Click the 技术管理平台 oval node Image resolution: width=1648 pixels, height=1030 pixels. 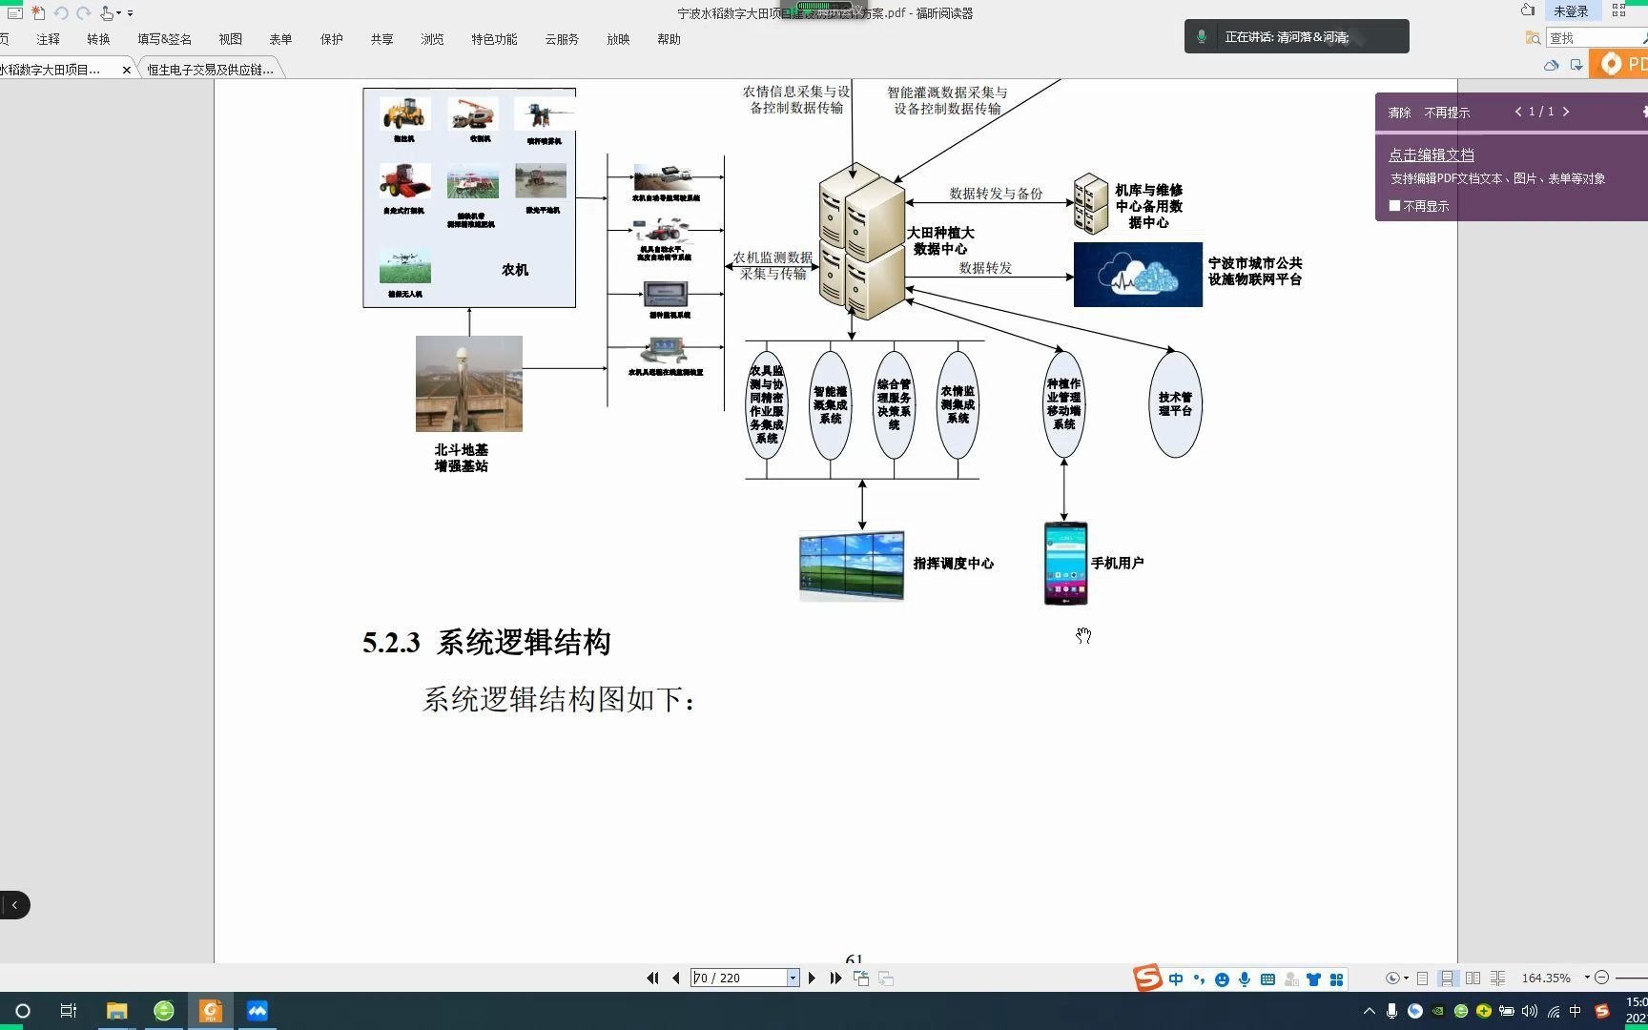click(1175, 404)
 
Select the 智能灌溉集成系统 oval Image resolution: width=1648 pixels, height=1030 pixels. click(830, 404)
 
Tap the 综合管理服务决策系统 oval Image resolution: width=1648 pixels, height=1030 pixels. click(894, 404)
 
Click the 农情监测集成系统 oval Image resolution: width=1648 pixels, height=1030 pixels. click(958, 404)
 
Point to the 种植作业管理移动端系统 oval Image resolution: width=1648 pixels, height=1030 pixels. click(1063, 404)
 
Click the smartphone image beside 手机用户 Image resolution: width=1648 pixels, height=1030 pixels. click(1065, 563)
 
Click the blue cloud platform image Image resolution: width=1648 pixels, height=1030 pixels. click(1138, 275)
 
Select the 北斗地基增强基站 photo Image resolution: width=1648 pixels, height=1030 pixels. click(468, 383)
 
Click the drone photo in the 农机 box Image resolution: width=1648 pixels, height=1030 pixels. click(405, 267)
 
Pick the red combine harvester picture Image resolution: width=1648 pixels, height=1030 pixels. click(404, 181)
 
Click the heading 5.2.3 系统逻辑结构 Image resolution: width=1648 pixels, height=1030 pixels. click(486, 643)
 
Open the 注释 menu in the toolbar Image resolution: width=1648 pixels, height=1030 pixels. click(48, 39)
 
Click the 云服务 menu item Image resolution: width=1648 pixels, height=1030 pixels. click(562, 39)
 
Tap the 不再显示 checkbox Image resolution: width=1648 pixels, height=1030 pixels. click(1395, 206)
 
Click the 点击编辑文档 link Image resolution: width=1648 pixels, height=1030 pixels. click(1431, 154)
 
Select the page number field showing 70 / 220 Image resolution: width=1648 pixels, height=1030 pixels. click(739, 978)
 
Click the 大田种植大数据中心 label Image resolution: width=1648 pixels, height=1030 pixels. click(940, 240)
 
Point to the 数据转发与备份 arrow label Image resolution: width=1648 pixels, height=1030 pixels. click(996, 194)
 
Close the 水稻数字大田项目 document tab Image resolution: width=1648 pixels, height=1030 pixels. click(127, 70)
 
